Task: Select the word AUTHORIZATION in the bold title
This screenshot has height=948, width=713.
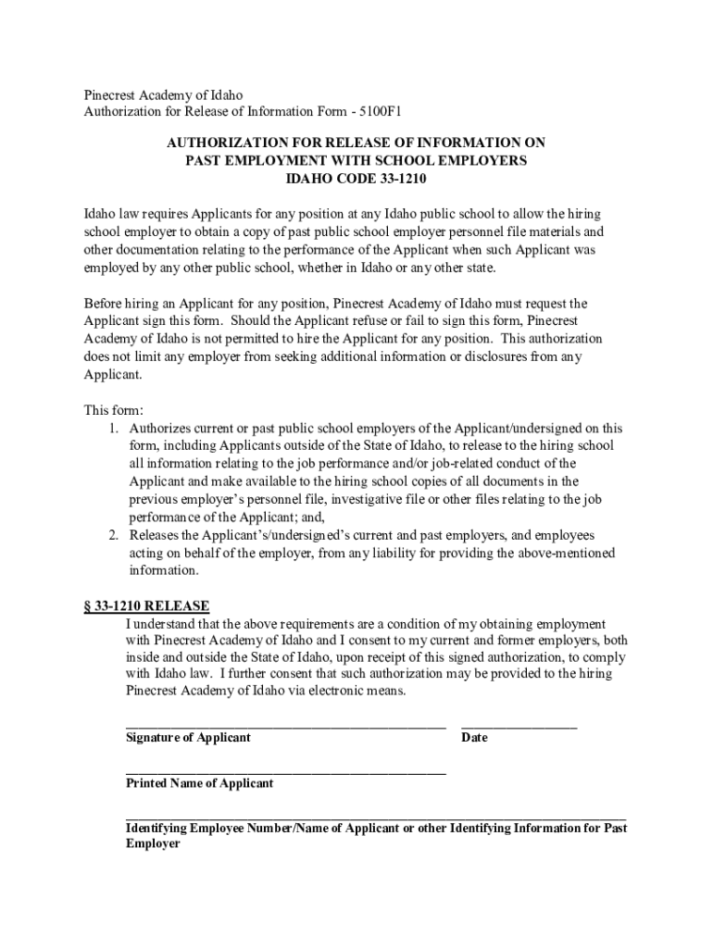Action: [x=219, y=143]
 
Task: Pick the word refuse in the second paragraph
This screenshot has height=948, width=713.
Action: [x=376, y=320]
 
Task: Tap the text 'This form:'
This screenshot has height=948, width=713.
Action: [x=114, y=410]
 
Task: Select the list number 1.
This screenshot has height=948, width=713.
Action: [x=114, y=428]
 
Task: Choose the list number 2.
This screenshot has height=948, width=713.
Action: [x=114, y=535]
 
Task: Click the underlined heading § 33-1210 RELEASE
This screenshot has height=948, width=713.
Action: [x=147, y=606]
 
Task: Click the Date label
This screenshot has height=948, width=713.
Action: [x=474, y=738]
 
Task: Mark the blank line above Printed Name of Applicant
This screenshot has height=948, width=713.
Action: [x=285, y=771]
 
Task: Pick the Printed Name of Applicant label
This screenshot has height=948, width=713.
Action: [x=199, y=783]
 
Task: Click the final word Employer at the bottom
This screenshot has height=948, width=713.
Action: [x=153, y=844]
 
